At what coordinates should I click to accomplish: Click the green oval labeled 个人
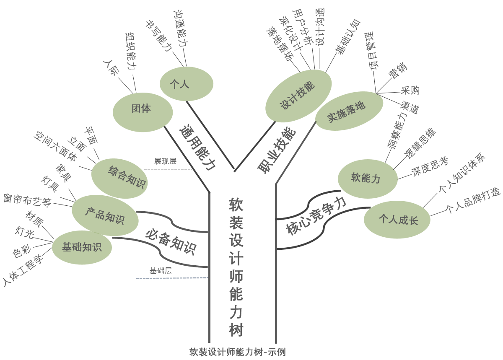187,84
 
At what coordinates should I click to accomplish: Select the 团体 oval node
143,112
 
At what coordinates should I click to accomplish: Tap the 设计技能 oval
298,96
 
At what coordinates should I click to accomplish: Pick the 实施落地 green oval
349,111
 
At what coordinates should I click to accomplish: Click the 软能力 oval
368,179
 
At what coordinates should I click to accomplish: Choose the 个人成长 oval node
397,220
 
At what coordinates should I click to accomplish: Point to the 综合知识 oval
119,179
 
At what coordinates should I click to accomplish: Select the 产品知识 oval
105,215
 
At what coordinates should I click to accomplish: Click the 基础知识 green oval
82,247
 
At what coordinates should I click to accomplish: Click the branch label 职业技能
277,150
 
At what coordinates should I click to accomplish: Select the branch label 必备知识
171,242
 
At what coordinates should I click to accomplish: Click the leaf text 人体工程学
23,270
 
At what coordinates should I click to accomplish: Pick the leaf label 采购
410,90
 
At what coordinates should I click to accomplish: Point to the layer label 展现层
165,161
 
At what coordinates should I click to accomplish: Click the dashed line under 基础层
172,278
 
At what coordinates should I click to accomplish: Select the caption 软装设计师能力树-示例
237,352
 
